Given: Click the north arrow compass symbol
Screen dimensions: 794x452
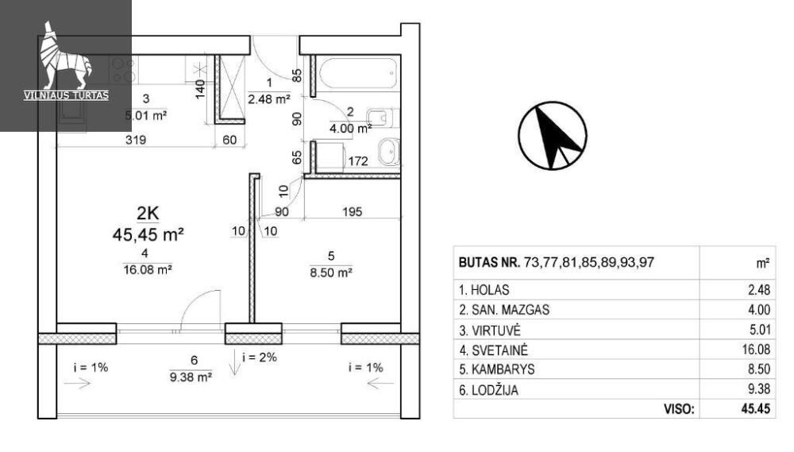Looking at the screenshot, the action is [553, 135].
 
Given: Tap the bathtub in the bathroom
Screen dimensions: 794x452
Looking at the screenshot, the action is [357, 74].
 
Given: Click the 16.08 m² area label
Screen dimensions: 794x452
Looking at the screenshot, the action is [148, 269].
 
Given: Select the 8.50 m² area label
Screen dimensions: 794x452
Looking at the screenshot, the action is [331, 272].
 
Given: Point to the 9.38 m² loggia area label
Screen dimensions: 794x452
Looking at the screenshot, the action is [191, 377].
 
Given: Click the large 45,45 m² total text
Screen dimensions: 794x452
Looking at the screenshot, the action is [148, 234].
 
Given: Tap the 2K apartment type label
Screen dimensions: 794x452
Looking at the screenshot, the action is [148, 214].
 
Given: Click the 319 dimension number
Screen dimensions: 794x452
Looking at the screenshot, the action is [136, 140].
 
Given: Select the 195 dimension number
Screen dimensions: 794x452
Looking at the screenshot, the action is [352, 211].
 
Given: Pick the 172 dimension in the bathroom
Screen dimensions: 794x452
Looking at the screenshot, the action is [358, 161].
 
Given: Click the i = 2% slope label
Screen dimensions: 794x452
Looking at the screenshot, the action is [260, 357].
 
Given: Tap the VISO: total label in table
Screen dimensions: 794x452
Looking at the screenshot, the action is [679, 409].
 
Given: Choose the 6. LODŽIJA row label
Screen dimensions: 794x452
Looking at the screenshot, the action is [488, 390].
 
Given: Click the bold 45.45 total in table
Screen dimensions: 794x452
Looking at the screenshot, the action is [756, 409].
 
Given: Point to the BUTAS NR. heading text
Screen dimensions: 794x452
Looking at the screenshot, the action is [489, 262].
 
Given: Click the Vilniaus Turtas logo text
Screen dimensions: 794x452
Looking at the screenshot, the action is [67, 95].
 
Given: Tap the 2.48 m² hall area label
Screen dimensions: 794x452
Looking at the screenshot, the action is [269, 99].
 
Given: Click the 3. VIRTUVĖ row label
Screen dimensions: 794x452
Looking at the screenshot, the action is [490, 330].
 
